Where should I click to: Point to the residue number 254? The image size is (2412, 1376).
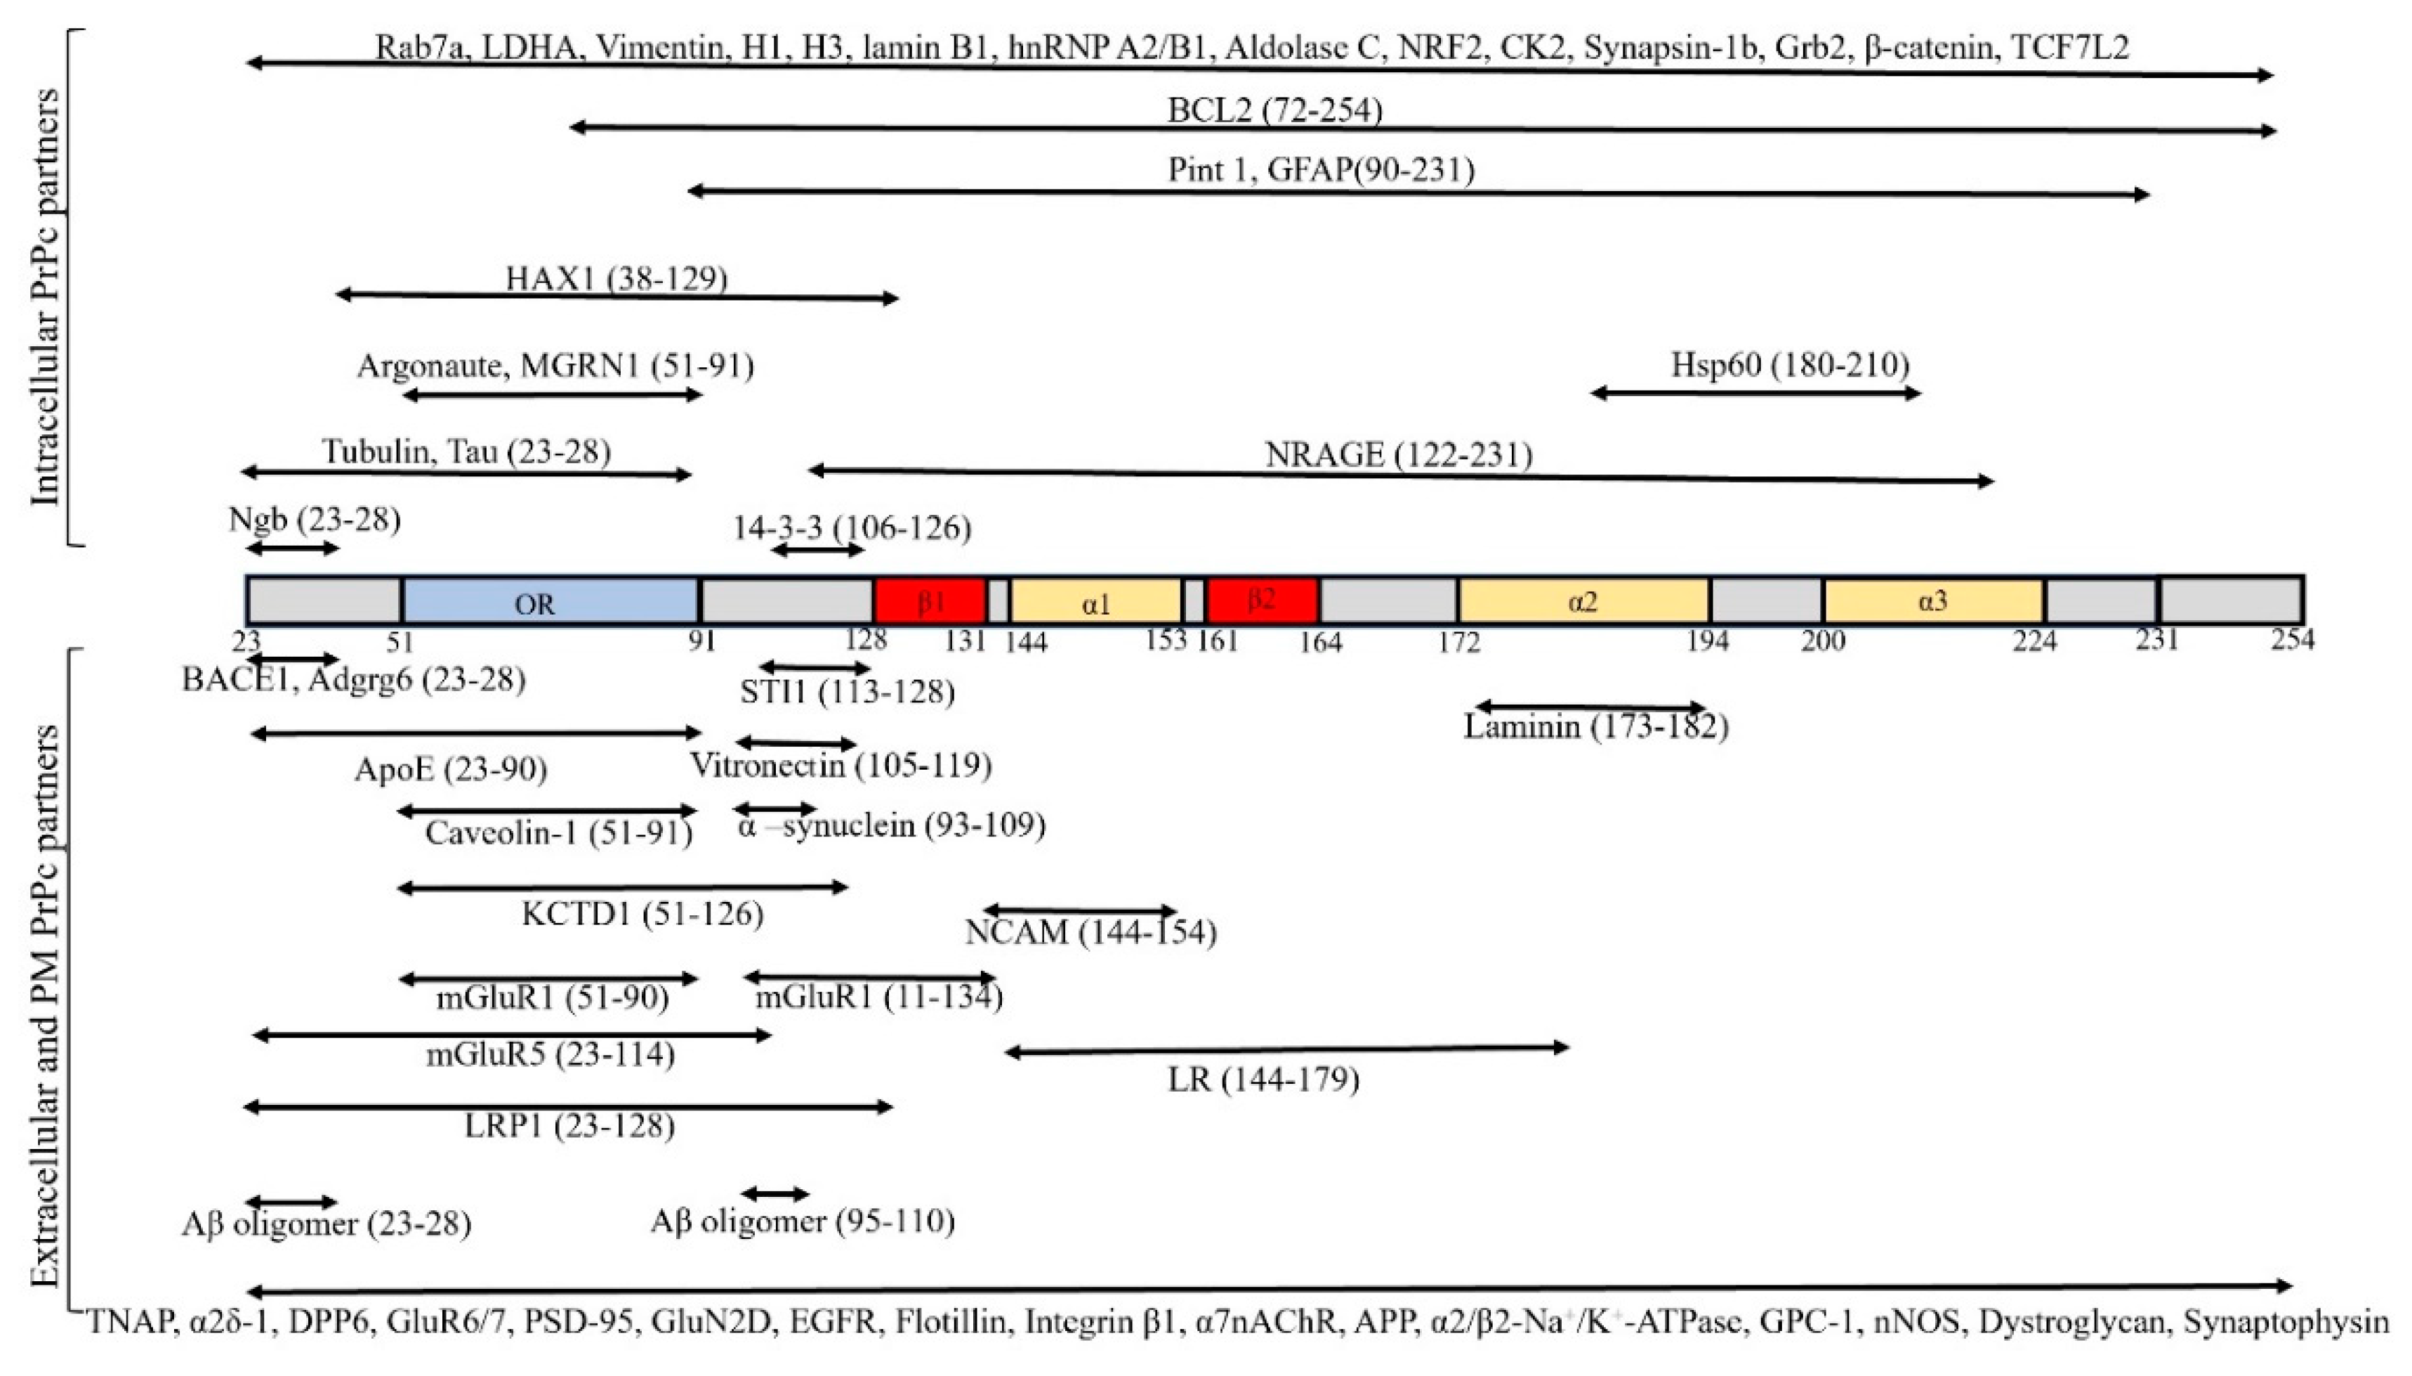[2292, 640]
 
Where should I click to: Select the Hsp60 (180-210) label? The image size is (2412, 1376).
[1789, 364]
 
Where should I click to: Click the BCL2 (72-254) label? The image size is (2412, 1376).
[1274, 110]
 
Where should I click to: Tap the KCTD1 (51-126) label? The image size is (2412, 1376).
[642, 914]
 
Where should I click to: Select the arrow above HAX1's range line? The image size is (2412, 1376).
[617, 296]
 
